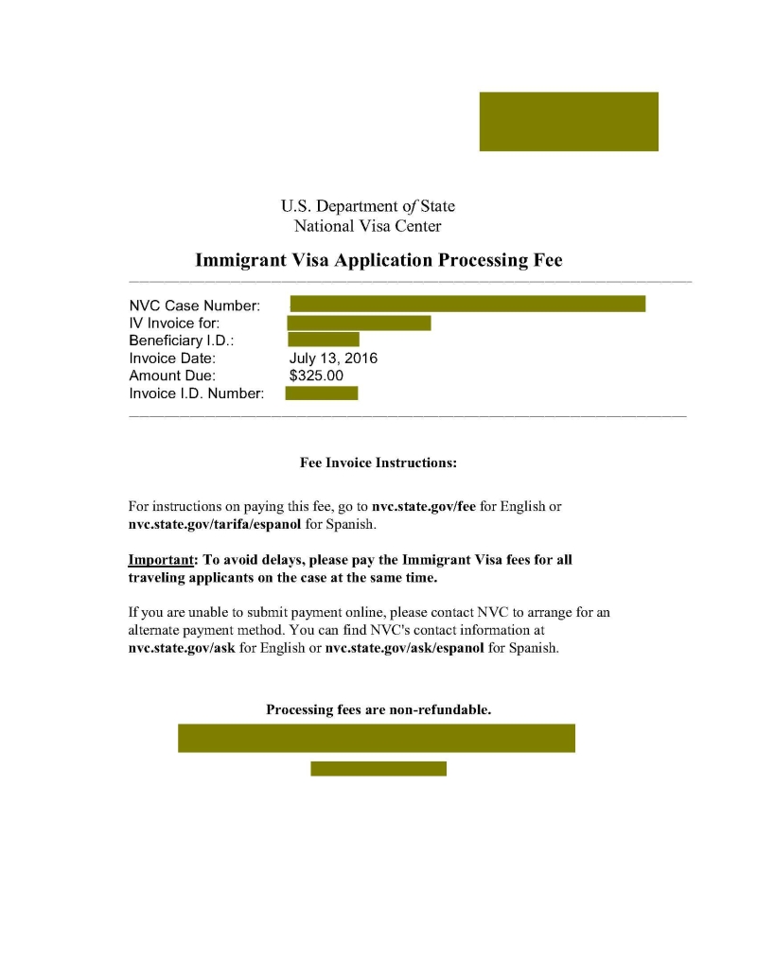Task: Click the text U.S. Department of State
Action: [x=367, y=205]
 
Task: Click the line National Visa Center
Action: [x=367, y=226]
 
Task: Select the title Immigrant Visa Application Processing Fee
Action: [x=378, y=260]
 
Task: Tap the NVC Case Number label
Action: [x=194, y=306]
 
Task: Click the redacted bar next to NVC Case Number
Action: [x=467, y=304]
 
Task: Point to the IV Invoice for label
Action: [x=175, y=323]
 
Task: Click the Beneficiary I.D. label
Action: [x=182, y=341]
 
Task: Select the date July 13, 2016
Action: [x=333, y=358]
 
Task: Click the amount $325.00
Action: [x=317, y=376]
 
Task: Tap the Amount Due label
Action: [x=172, y=376]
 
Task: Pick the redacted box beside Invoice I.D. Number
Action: [x=322, y=393]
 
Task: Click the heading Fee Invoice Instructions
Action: [x=378, y=463]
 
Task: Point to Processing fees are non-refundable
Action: [x=378, y=708]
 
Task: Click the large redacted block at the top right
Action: [x=568, y=121]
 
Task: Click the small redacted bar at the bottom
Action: [x=378, y=768]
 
